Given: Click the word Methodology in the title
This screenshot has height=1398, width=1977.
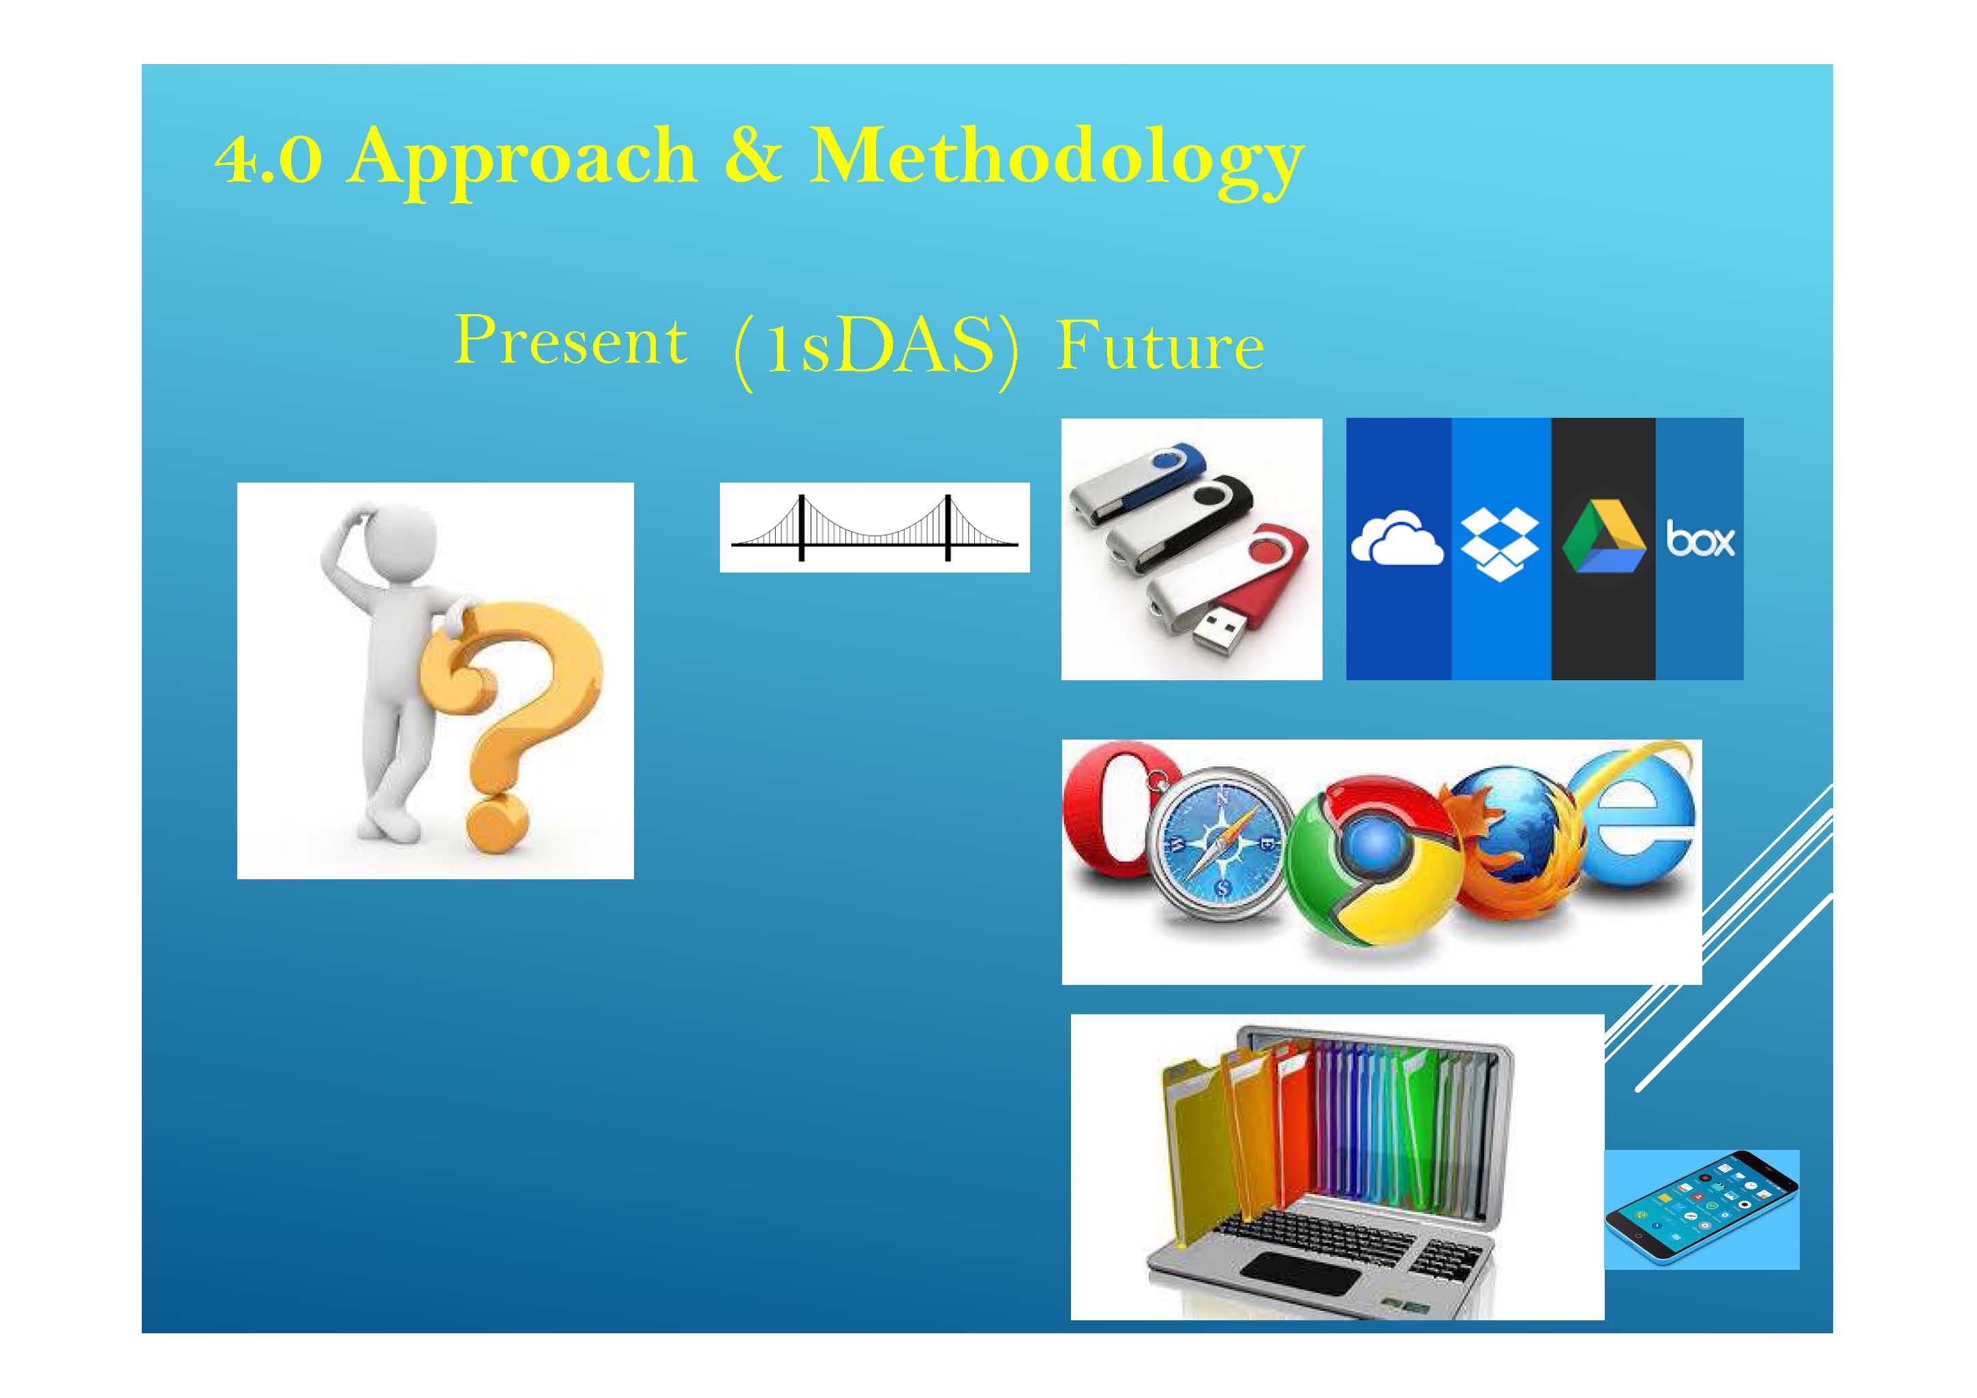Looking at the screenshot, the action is coord(1057,161).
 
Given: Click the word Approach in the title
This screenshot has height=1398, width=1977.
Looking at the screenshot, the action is coord(522,161).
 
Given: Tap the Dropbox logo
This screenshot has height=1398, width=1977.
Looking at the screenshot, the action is coord(1500,544).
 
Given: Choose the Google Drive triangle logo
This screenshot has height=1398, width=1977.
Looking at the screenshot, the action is coord(1603,537).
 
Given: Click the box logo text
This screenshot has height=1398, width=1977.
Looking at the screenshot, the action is coord(1700,539).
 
